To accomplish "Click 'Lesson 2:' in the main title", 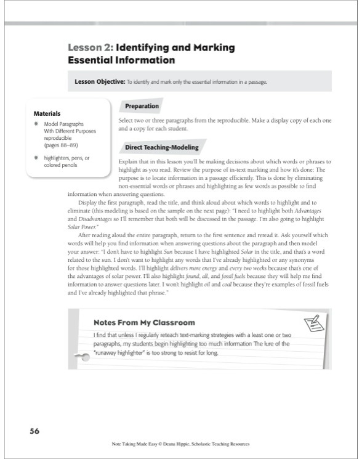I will tap(90, 47).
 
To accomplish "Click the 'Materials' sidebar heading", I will tap(47, 113).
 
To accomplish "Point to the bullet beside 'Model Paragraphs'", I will tap(38, 124).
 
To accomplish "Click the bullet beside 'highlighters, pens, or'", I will tap(38, 158).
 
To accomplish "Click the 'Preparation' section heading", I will tap(142, 107).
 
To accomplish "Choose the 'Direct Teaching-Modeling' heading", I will tap(161, 148).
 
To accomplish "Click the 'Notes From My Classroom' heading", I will tap(143, 322).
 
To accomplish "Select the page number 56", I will tap(34, 431).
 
